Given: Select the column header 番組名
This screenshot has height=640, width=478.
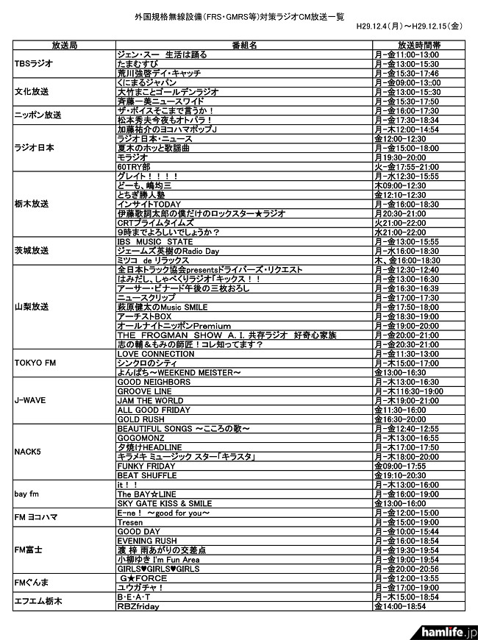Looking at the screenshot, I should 243,45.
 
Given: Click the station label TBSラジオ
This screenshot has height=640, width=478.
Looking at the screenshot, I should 34,64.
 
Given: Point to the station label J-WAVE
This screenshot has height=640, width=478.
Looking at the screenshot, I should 31,401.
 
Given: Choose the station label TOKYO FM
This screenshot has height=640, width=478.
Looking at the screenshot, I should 35,363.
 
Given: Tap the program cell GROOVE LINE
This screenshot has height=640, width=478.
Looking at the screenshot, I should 144,391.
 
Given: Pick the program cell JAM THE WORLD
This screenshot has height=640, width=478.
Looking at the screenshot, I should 150,401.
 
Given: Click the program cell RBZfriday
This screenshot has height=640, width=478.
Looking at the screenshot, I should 138,606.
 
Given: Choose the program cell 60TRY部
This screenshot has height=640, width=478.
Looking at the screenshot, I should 133,167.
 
